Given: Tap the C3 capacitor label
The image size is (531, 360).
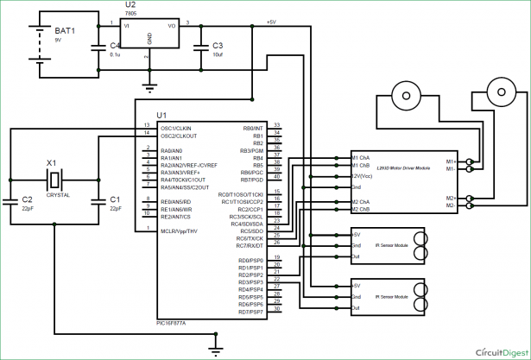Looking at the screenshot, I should [217, 45].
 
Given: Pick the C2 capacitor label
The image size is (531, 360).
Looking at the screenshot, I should [27, 199].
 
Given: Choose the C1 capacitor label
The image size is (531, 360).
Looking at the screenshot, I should [115, 199].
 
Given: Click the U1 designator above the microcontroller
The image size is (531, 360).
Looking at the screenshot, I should [161, 116].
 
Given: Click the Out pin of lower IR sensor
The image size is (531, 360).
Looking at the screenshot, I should [357, 308].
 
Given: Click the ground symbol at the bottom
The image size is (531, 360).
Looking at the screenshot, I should [213, 348].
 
